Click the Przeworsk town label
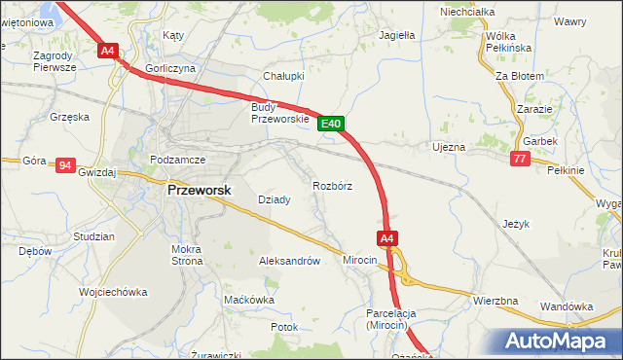(x=200, y=191)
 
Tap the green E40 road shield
(x=331, y=124)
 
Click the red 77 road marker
(x=520, y=158)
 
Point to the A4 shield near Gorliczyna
(x=108, y=51)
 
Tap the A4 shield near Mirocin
(x=386, y=238)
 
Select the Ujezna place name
(x=449, y=147)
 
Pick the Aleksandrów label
(x=289, y=261)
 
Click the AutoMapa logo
(x=559, y=341)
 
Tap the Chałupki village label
(x=284, y=75)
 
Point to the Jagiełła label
(x=397, y=34)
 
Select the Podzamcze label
(x=176, y=159)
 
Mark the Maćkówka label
(x=249, y=300)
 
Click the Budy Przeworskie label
(x=279, y=113)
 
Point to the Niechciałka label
(x=467, y=12)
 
